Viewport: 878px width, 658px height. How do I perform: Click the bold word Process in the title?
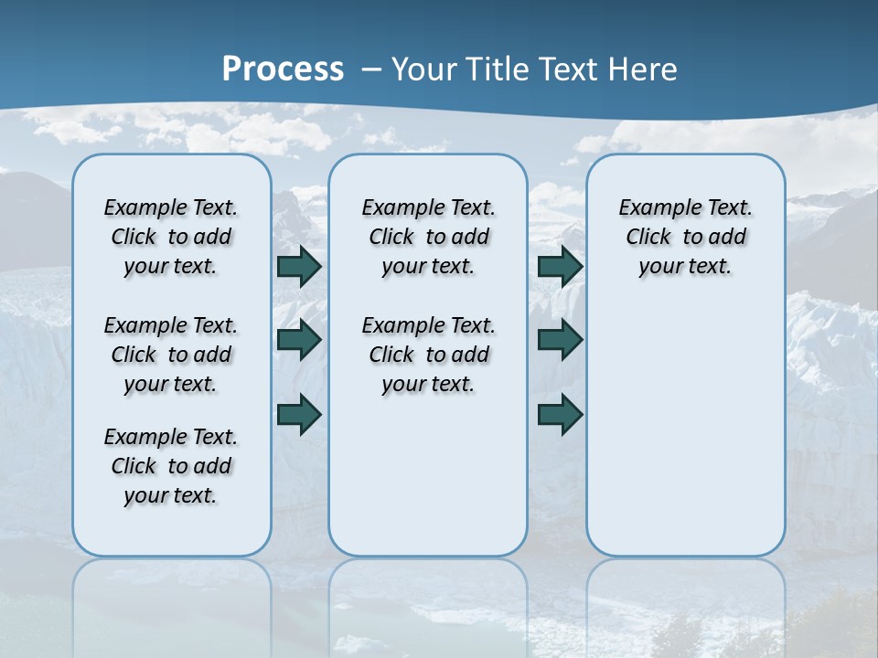click(x=283, y=69)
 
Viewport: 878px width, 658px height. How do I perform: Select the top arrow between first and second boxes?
click(x=299, y=266)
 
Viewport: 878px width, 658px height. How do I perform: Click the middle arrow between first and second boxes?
click(x=299, y=340)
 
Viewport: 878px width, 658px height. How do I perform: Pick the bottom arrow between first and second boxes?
click(x=299, y=414)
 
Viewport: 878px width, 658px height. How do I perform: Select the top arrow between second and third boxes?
click(x=560, y=266)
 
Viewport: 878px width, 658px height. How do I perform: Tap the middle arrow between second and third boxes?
click(x=560, y=340)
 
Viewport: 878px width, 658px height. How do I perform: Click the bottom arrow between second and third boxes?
click(x=560, y=414)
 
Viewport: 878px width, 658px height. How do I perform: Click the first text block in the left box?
click(x=171, y=237)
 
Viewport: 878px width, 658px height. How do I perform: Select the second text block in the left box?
click(x=171, y=355)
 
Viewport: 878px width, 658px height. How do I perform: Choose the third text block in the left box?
click(x=171, y=466)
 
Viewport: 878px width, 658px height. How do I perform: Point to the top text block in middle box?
click(x=428, y=237)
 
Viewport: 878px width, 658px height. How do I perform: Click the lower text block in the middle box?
click(x=428, y=355)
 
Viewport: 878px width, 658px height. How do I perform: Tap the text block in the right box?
click(x=685, y=237)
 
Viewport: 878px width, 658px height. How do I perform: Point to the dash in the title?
click(x=371, y=69)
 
